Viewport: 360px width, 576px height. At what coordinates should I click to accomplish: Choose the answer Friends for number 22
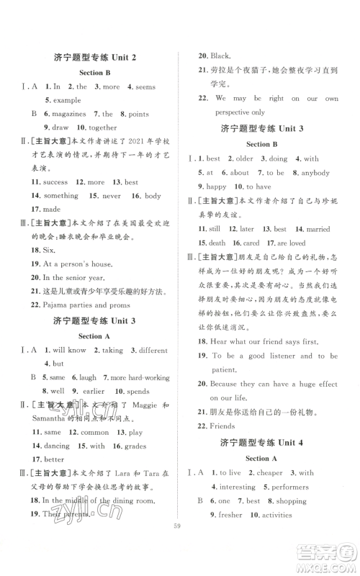click(226, 427)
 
